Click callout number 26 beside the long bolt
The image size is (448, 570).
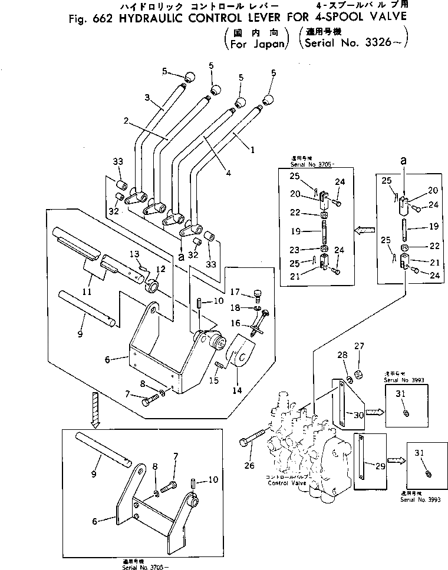[x=249, y=466]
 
